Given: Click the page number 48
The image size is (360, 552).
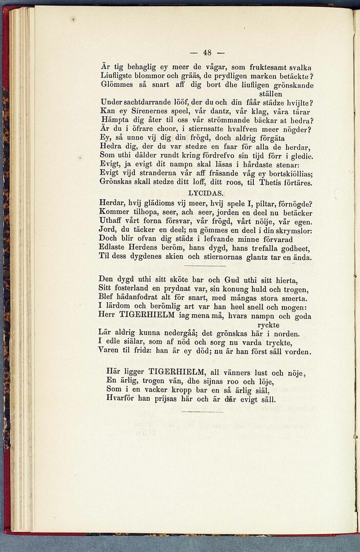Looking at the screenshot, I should (207, 52).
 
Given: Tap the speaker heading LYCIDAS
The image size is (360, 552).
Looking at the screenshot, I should (206, 193).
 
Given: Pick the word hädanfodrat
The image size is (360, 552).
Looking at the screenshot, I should (145, 298).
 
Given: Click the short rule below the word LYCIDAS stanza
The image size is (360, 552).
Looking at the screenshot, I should (205, 266).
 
